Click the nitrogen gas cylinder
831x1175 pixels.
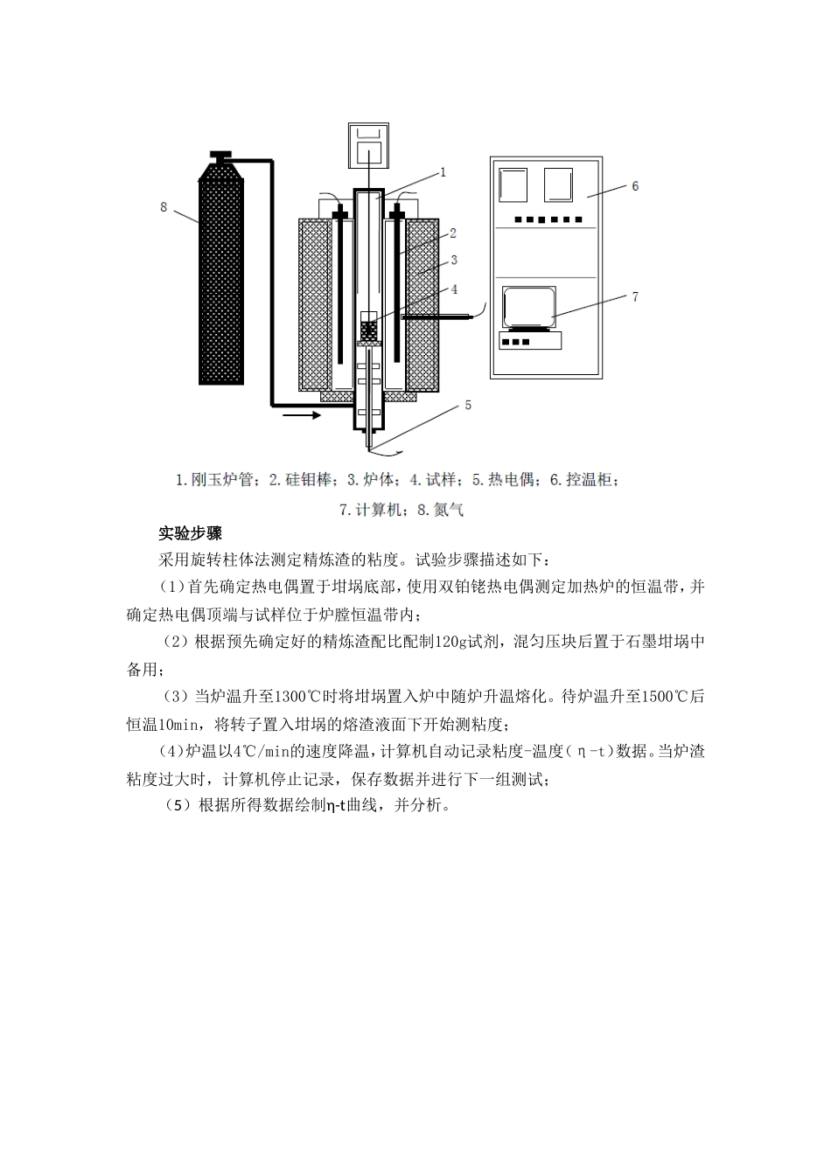[x=220, y=275]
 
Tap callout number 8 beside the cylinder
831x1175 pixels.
[x=164, y=207]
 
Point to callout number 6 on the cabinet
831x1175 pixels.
[x=635, y=186]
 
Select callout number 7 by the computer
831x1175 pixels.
[x=635, y=297]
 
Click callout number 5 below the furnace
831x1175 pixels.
[x=468, y=405]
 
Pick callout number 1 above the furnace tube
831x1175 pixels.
[x=443, y=173]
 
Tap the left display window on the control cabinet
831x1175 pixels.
[x=513, y=186]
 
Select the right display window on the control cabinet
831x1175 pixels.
[x=559, y=185]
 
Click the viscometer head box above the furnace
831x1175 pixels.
[x=369, y=145]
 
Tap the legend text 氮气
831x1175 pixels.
[x=449, y=510]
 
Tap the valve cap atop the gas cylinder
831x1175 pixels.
[x=220, y=156]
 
